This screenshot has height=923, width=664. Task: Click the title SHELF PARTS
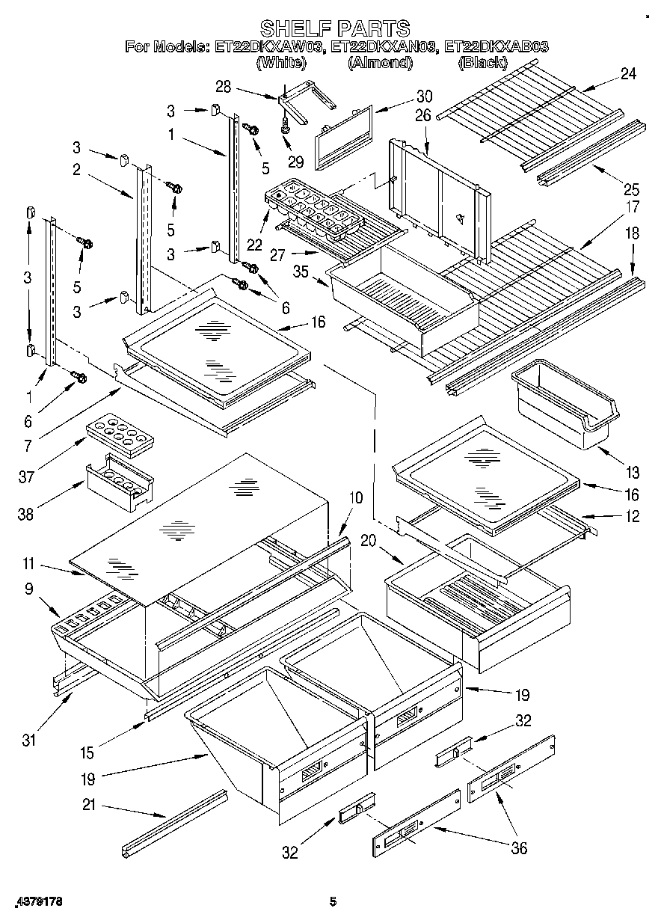coord(339,28)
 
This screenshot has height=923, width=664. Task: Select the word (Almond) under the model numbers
coord(380,64)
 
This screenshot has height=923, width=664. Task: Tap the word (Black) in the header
coord(482,64)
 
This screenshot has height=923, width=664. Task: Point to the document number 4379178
coord(37,902)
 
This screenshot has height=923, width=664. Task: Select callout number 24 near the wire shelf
coord(628,73)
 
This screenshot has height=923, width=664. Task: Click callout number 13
coord(633,472)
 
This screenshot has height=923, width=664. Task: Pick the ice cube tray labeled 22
coord(314,209)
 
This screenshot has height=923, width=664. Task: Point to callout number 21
coord(89,806)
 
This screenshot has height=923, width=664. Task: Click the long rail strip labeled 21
coord(174,823)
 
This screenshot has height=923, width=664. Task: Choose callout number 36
coord(518,847)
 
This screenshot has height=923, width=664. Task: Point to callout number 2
coord(76,169)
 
